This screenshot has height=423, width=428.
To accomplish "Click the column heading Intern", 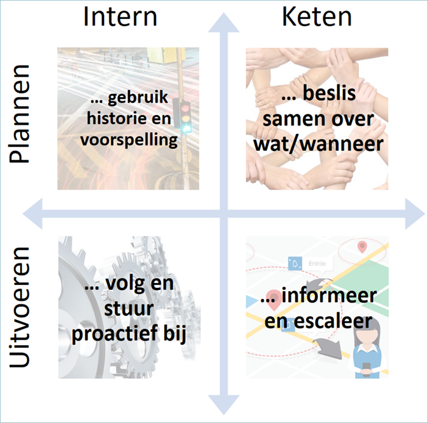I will pyautogui.click(x=120, y=17).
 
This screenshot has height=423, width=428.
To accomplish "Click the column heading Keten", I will pyautogui.click(x=317, y=17).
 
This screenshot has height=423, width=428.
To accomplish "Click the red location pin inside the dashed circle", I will pyautogui.click(x=363, y=247).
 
